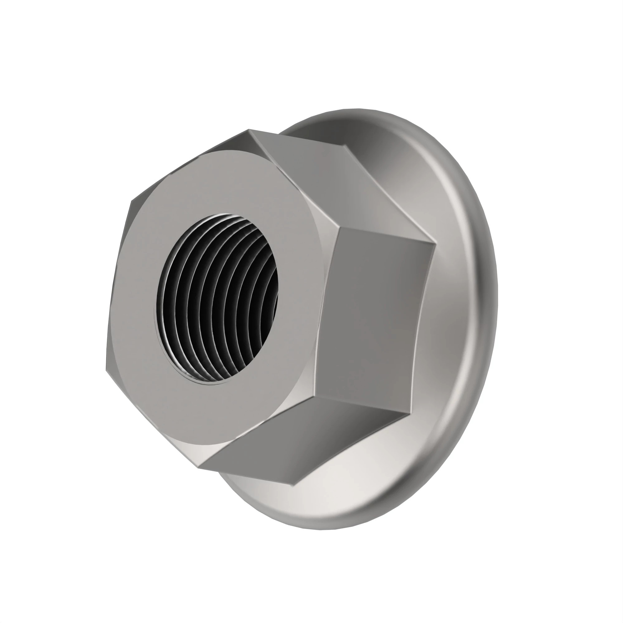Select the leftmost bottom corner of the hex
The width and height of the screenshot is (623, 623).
tap(107, 371)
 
